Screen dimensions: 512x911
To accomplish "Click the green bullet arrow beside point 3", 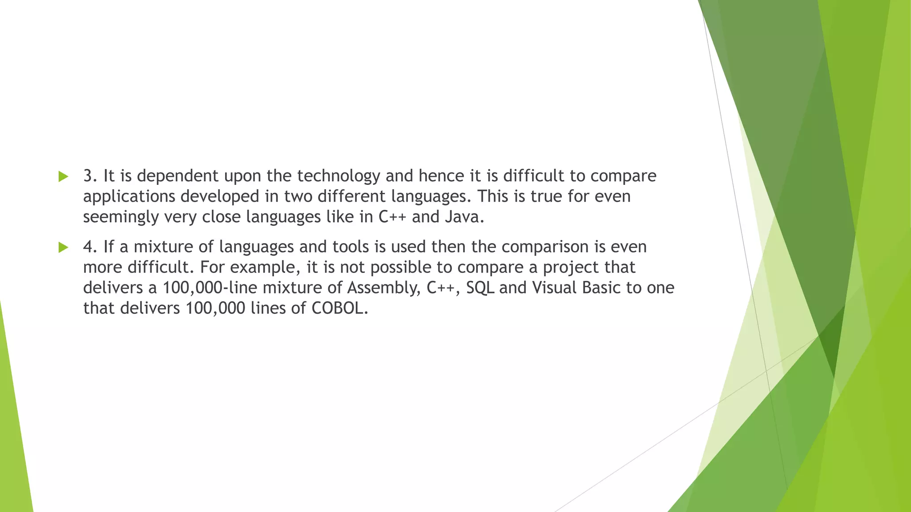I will click(x=63, y=176).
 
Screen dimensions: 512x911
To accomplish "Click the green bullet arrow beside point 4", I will click(x=63, y=247).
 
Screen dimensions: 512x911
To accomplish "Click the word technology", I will click(x=339, y=176).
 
